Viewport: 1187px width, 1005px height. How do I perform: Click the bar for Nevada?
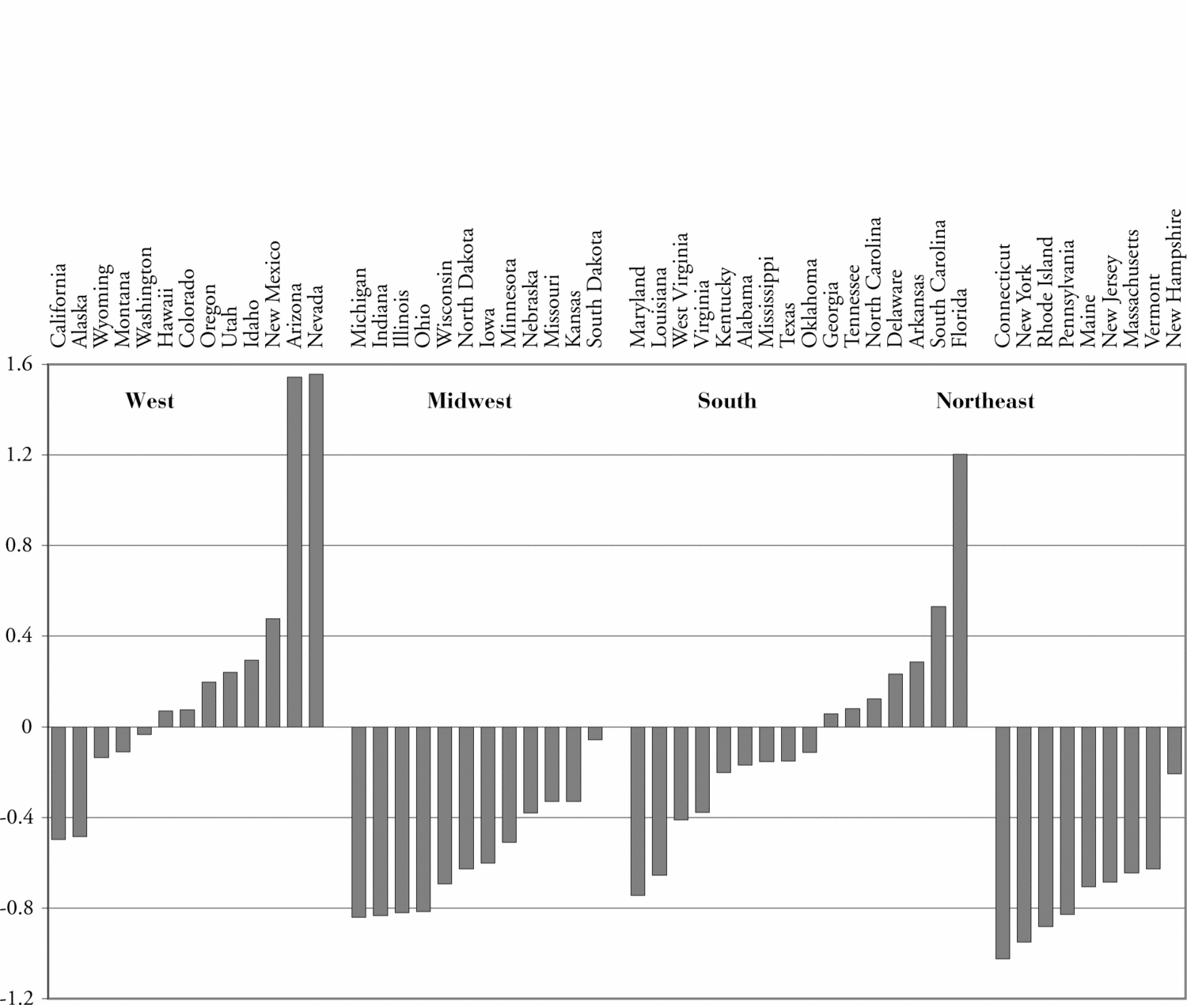click(316, 550)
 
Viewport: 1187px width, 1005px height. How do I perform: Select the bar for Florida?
click(960, 590)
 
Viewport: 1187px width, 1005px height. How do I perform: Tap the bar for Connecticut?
click(1003, 842)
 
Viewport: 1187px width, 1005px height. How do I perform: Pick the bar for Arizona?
click(294, 552)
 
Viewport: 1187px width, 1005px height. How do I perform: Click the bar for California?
click(59, 783)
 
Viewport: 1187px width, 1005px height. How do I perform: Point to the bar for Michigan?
click(359, 821)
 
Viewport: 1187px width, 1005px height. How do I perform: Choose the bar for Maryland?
click(638, 810)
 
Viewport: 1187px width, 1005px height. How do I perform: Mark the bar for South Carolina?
click(939, 666)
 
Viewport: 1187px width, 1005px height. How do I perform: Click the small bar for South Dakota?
click(595, 734)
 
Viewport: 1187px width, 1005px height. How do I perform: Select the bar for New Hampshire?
click(1174, 750)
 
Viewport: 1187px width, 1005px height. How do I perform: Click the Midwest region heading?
click(469, 401)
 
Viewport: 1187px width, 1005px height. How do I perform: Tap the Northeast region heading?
click(984, 401)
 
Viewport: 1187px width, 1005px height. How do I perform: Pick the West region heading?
click(150, 401)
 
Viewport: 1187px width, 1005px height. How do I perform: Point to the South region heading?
click(726, 401)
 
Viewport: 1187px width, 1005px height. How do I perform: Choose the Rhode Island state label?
click(1046, 292)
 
